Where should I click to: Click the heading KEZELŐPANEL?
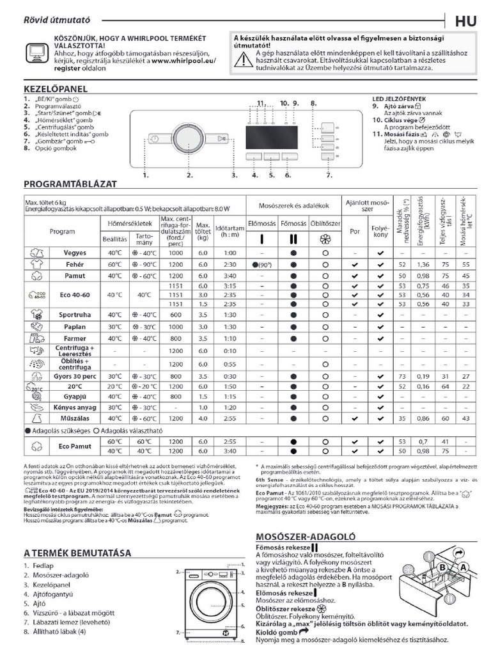[54, 89]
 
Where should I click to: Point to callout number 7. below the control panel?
[329, 175]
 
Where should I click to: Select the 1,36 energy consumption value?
[423, 264]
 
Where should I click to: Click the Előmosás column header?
[261, 225]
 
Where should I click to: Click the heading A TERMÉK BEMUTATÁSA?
[77, 552]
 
